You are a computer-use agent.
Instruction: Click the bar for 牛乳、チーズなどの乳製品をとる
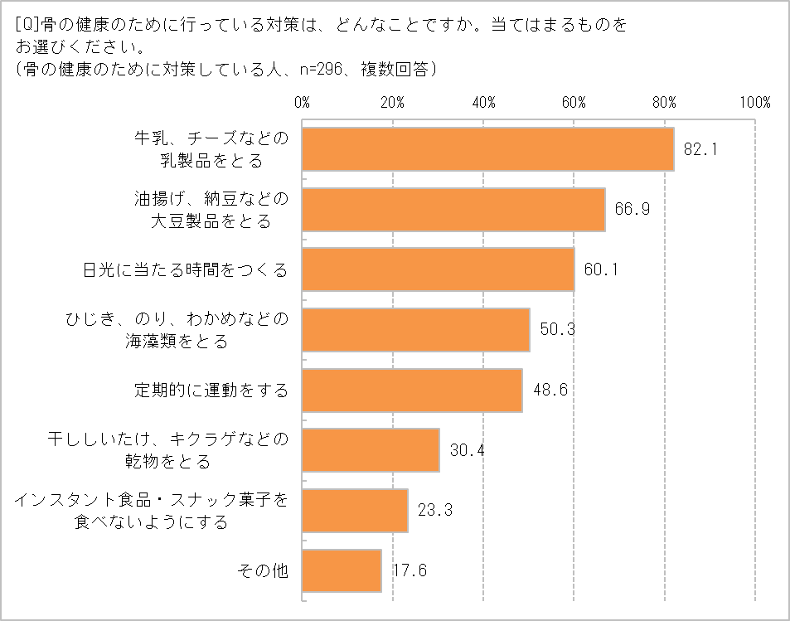pyautogui.click(x=487, y=149)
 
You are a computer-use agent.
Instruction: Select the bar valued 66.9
pyautogui.click(x=453, y=209)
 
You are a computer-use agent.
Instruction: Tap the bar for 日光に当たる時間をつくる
pyautogui.click(x=438, y=269)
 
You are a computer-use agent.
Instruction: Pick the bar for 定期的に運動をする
pyautogui.click(x=412, y=390)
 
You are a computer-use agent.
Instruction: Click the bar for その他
pyautogui.click(x=342, y=570)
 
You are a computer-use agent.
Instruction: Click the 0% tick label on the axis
pyautogui.click(x=302, y=103)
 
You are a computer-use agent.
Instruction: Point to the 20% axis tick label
pyautogui.click(x=392, y=103)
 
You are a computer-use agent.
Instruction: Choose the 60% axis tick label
pyautogui.click(x=574, y=103)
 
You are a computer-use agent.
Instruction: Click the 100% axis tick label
pyautogui.click(x=755, y=103)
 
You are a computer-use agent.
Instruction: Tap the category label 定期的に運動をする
pyautogui.click(x=211, y=390)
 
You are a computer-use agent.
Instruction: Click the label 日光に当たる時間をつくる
pyautogui.click(x=186, y=269)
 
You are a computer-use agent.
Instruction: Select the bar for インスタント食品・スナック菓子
pyautogui.click(x=355, y=510)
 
